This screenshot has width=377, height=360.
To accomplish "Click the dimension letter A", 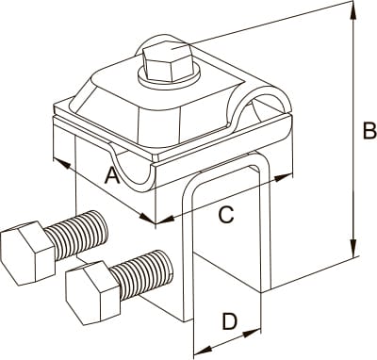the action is [x=112, y=175].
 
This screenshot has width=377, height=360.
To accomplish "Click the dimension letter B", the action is [x=369, y=130].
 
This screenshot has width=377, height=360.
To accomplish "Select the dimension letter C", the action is [x=226, y=215].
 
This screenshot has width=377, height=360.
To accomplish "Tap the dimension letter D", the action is [x=230, y=321].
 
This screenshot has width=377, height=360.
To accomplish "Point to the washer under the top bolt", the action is [x=169, y=78].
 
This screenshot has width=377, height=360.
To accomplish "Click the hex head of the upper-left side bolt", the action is [x=27, y=253].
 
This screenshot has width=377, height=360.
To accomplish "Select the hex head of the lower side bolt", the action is [x=93, y=293].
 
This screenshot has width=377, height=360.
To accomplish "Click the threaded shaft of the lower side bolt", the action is [x=142, y=274].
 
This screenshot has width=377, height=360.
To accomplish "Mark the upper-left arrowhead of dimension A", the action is [x=61, y=164].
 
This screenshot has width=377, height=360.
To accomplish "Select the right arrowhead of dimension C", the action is [x=284, y=178].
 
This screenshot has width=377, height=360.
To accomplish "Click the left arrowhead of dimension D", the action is [x=204, y=349].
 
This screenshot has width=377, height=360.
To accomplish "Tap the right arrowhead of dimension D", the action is [x=253, y=333].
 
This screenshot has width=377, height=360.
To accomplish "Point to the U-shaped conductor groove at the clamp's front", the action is [x=132, y=174].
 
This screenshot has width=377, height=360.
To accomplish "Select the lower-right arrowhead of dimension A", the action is [x=148, y=218].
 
